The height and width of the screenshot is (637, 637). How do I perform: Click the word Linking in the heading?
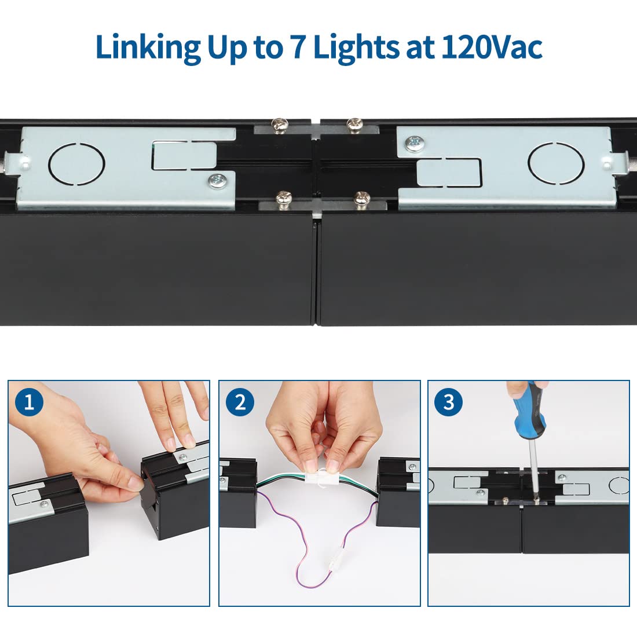[148, 48]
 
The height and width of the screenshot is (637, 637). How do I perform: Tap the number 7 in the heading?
[298, 47]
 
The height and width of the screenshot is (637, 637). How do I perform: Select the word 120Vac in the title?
[492, 47]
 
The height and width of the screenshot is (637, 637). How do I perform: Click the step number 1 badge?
[29, 402]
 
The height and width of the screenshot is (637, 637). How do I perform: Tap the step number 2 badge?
[240, 402]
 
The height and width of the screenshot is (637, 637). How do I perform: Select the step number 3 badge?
[448, 402]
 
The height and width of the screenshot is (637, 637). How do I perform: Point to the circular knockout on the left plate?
[77, 164]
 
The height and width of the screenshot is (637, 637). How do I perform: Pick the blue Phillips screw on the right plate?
[415, 144]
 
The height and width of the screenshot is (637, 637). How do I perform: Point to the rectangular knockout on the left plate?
[185, 155]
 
